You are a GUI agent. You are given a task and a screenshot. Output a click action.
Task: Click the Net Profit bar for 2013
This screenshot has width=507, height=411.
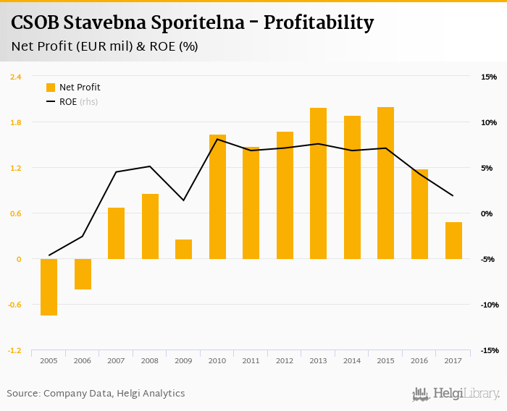click(x=318, y=183)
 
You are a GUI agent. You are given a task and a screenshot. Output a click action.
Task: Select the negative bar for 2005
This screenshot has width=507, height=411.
click(x=49, y=287)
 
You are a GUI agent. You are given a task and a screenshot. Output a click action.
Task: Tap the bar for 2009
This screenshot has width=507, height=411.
click(x=183, y=249)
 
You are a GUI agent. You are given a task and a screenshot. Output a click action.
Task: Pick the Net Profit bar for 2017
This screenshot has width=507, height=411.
click(x=453, y=240)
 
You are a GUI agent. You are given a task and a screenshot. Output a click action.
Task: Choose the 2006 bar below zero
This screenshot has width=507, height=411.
click(x=83, y=274)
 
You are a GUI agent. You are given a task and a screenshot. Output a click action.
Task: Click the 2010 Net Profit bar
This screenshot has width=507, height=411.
click(x=217, y=197)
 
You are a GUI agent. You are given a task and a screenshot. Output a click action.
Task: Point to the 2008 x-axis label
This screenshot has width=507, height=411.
click(x=150, y=360)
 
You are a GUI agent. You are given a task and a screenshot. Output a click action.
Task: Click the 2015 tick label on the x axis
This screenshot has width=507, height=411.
click(x=385, y=360)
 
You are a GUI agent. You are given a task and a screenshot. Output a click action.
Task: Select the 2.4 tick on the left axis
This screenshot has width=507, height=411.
click(x=15, y=77)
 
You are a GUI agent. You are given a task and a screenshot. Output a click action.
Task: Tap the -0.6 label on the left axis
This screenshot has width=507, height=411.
click(x=14, y=305)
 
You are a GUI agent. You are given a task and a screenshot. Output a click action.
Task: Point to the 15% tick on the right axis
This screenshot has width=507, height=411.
click(x=488, y=77)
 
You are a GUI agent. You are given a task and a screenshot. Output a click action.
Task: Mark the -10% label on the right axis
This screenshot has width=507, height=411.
click(x=487, y=305)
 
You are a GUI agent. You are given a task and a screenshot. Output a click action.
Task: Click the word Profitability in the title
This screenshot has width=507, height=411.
click(x=319, y=23)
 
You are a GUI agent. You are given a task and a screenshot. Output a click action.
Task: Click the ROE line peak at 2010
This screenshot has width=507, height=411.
click(x=217, y=139)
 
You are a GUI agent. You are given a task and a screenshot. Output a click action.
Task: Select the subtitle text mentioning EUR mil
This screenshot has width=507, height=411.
click(x=105, y=47)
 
